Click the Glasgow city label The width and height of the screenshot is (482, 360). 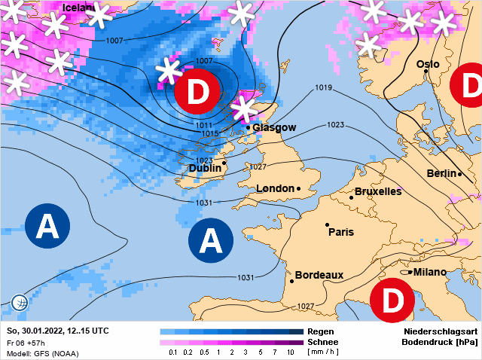(274, 127)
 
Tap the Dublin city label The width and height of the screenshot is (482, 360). (205, 168)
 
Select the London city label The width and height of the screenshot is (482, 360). (275, 188)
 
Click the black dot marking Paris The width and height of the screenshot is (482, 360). (327, 224)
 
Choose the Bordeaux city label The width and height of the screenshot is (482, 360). (319, 275)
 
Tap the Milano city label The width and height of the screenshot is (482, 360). (429, 272)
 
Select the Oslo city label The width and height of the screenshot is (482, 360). (428, 64)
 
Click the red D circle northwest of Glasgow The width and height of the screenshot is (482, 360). (197, 93)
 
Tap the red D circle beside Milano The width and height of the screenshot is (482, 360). (393, 301)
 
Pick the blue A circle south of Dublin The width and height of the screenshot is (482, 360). (212, 241)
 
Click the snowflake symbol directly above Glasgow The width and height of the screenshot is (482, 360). (244, 109)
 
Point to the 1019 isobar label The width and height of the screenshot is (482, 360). (324, 88)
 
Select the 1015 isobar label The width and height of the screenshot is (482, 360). (210, 133)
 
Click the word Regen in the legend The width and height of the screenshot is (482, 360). (319, 331)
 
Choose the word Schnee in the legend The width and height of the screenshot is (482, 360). (322, 342)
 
